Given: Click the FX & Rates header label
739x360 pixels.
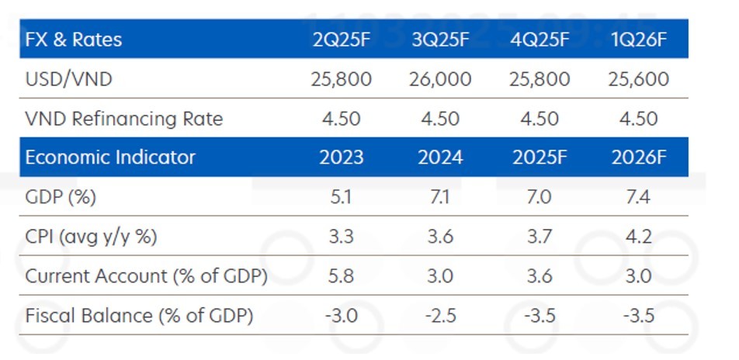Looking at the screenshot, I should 74,40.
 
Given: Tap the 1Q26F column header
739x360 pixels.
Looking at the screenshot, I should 640,40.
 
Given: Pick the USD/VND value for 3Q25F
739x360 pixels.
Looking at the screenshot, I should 440,79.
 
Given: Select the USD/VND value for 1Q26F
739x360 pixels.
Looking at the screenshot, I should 640,79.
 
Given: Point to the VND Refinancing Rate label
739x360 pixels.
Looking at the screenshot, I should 124,119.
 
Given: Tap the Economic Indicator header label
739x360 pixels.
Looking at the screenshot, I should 110,157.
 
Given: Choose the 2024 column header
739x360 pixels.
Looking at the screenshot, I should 440,157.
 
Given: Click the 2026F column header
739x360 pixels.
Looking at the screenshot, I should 640,157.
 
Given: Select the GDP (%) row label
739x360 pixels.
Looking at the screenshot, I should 61,197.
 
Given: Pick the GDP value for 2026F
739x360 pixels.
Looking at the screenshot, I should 640,197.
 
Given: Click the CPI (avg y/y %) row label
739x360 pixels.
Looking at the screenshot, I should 92,237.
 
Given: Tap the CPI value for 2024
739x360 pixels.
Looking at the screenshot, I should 440,237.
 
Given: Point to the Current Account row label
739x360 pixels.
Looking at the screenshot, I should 147,276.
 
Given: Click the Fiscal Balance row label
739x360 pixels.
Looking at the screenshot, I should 140,316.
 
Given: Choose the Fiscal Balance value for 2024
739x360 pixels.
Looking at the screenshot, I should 440,316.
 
